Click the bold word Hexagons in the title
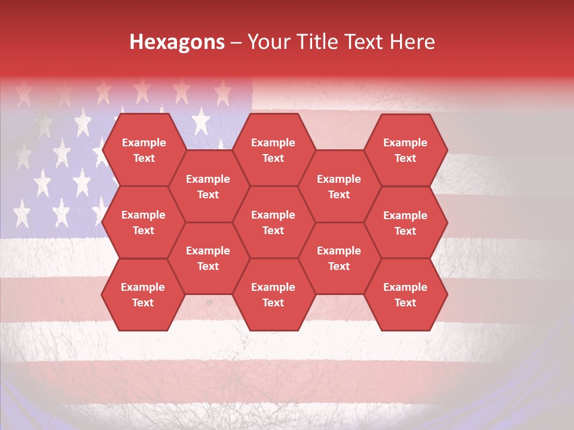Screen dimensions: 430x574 177,42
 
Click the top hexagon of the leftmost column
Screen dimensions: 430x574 143,150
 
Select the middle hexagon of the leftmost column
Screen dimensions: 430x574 143,222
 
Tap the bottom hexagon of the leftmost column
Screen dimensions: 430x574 143,294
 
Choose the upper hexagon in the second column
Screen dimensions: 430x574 208,186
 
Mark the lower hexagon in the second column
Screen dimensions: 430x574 208,258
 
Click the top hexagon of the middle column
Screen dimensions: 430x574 273,150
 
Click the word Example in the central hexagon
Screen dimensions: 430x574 273,215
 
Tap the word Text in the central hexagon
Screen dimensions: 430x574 273,231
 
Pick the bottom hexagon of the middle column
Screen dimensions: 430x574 273,294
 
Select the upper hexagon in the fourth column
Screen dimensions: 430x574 339,186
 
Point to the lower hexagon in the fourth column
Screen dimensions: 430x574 339,258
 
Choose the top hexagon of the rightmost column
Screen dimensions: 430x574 405,150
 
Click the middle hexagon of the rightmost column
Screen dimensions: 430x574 405,223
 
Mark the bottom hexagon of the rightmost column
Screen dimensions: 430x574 405,294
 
